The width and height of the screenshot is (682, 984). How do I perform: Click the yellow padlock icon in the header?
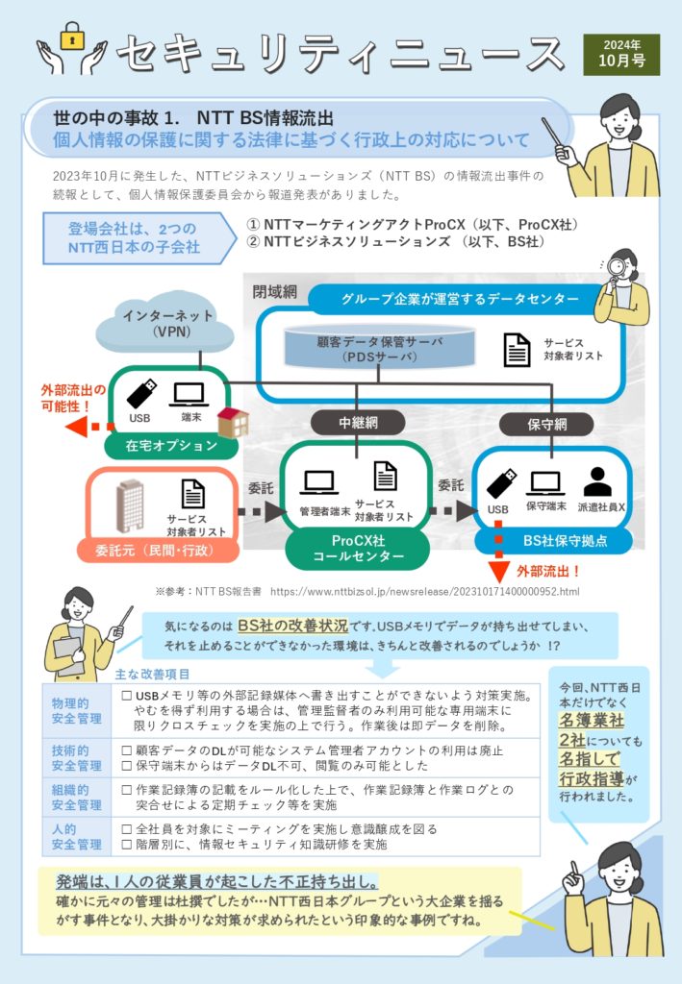pyautogui.click(x=71, y=37)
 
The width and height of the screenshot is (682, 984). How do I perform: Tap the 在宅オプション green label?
pyautogui.click(x=171, y=445)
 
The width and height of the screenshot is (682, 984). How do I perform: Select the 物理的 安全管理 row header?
pyautogui.click(x=76, y=711)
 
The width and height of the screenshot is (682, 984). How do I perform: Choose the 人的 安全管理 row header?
pyautogui.click(x=76, y=837)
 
